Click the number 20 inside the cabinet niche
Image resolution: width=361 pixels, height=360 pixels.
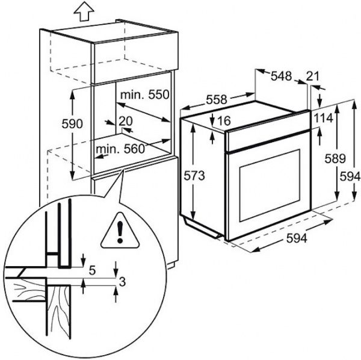pos(126,120)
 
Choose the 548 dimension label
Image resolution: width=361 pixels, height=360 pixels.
pos(281,76)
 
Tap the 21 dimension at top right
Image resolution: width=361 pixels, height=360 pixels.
pos(312,76)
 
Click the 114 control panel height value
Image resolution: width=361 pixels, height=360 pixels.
pos(323,118)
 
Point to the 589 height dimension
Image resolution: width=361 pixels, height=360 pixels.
pos(335,160)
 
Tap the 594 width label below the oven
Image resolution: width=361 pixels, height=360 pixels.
pos(295,238)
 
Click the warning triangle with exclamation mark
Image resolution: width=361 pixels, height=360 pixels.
pos(121,231)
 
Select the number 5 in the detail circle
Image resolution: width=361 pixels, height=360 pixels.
pos(92,270)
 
